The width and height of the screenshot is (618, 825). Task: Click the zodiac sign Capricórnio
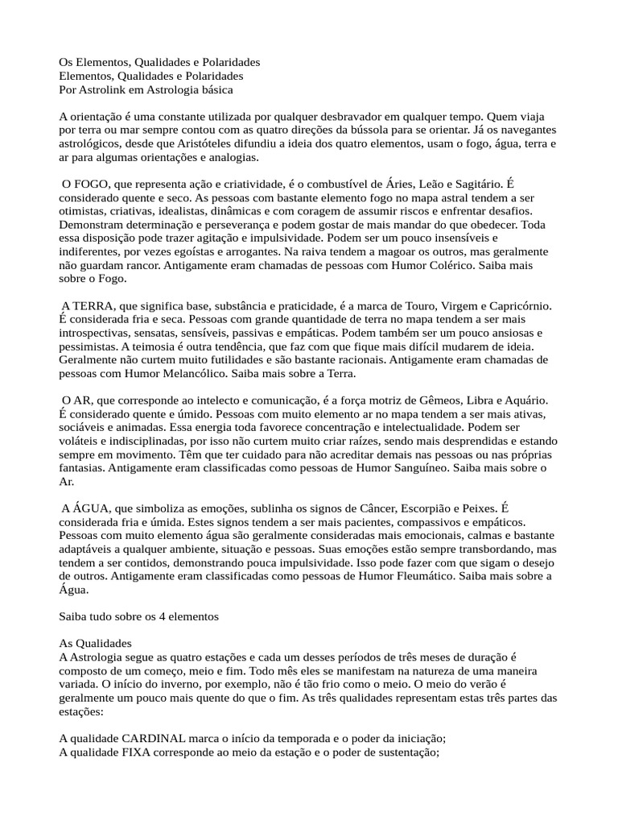[511, 307]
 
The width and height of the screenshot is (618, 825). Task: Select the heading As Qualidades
[95, 645]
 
